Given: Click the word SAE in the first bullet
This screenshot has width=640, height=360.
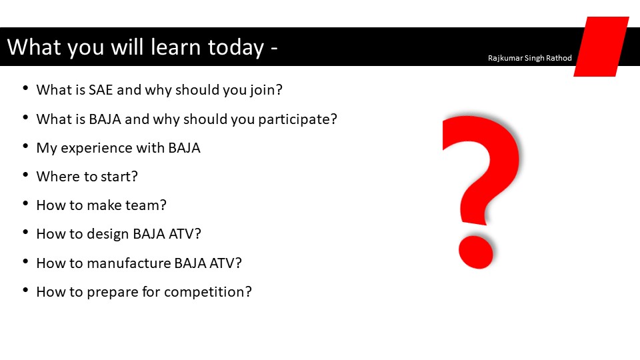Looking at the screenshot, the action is tap(101, 90).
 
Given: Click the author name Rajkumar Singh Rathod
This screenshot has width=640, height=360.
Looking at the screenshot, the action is tap(530, 58).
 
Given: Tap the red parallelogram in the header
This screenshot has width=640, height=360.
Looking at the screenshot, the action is tap(601, 47).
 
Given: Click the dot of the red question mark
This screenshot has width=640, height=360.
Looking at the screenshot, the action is tap(475, 252).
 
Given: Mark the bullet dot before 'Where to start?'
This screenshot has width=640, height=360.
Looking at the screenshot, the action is tap(26, 175).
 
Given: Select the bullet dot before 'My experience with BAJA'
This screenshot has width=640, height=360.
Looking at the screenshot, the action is tap(26, 146).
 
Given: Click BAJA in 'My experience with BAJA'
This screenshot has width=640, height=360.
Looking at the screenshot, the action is tap(184, 148).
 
